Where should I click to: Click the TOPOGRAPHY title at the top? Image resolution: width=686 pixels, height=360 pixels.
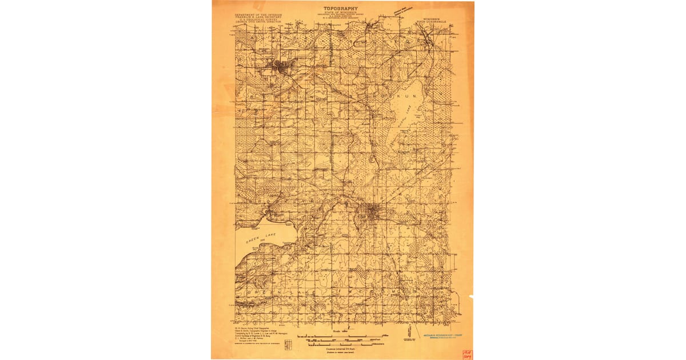341,8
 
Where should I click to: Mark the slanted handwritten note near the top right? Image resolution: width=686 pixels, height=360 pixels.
402,11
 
